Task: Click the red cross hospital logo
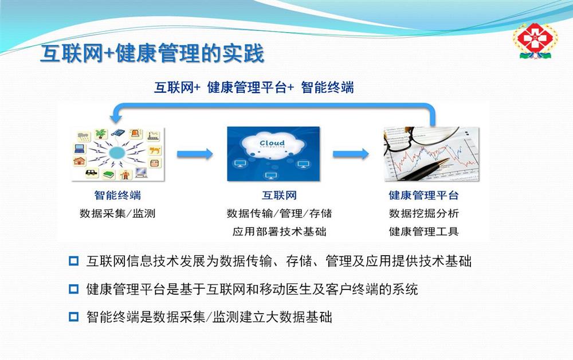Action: pyautogui.click(x=534, y=40)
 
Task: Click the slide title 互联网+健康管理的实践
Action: pyautogui.click(x=152, y=53)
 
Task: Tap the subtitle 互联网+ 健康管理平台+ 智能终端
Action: pyautogui.click(x=254, y=88)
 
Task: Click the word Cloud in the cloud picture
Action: pyautogui.click(x=272, y=143)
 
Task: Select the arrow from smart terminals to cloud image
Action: pyautogui.click(x=195, y=154)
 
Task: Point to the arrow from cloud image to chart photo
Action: pyautogui.click(x=351, y=154)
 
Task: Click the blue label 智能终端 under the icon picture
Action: pyautogui.click(x=117, y=195)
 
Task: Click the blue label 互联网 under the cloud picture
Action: pyautogui.click(x=279, y=195)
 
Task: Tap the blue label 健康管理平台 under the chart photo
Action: pyautogui.click(x=423, y=195)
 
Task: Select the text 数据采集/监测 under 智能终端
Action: pyautogui.click(x=117, y=213)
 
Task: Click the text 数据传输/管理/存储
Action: pyautogui.click(x=279, y=213)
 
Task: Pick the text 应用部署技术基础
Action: pyautogui.click(x=279, y=232)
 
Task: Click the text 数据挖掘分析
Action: pyautogui.click(x=423, y=213)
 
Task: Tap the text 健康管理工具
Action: pyautogui.click(x=423, y=232)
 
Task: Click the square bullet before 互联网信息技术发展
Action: pyautogui.click(x=74, y=261)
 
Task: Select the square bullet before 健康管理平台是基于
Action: pyautogui.click(x=74, y=289)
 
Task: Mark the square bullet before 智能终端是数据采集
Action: pyautogui.click(x=74, y=316)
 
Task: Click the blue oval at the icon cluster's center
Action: pyautogui.click(x=117, y=153)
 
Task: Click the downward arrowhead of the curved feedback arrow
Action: pyautogui.click(x=116, y=118)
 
